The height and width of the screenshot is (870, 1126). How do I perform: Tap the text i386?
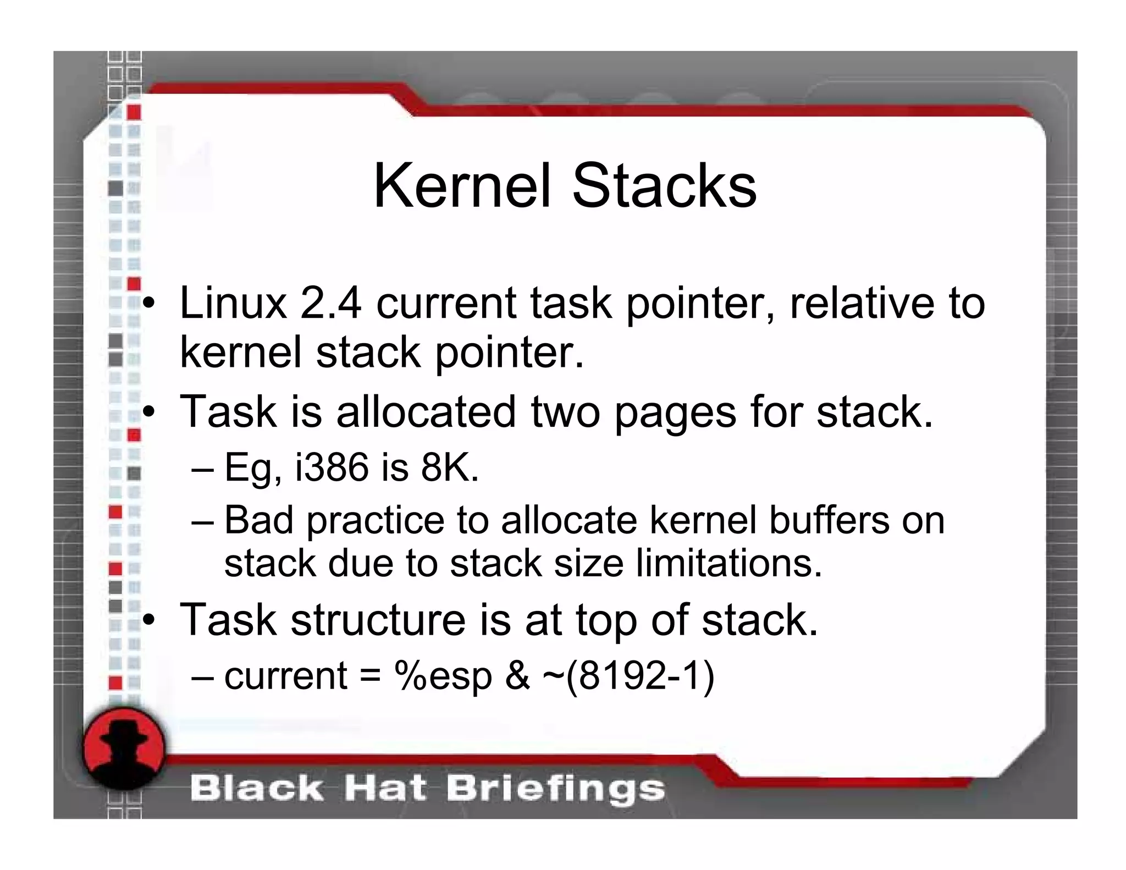pos(332,467)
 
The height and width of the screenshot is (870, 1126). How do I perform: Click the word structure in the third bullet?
pos(378,620)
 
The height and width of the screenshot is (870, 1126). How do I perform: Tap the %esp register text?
pos(443,676)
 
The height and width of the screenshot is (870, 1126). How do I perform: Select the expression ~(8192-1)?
pos(628,676)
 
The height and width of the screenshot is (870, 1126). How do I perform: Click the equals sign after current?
pos(370,676)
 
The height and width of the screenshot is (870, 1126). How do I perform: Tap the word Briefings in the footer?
pos(555,789)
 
